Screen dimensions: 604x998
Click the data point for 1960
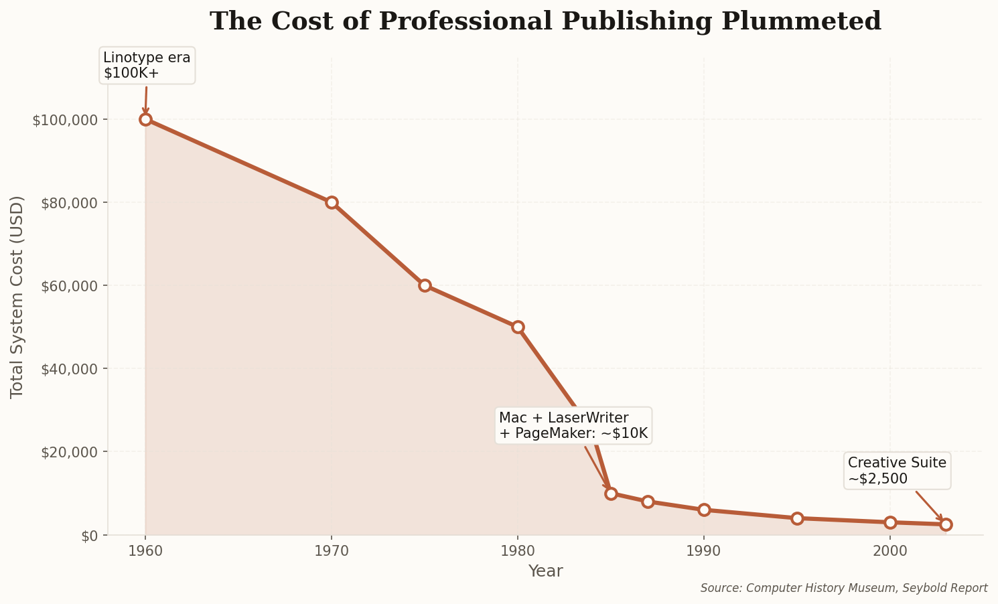point(145,120)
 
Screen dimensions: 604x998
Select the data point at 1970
point(332,202)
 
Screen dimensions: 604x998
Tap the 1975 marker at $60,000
point(425,285)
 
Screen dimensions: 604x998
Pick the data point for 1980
point(518,327)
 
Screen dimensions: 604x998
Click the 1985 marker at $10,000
point(611,494)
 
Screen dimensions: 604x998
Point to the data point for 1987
point(648,502)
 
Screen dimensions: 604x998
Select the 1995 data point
point(797,518)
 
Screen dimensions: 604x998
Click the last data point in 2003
point(946,524)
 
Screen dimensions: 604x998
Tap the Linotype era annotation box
point(147,65)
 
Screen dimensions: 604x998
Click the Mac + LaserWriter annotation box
point(573,425)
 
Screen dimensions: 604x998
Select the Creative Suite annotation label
point(897,470)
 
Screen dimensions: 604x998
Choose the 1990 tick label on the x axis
point(704,551)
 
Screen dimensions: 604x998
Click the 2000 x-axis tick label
point(890,551)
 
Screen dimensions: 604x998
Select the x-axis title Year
point(545,571)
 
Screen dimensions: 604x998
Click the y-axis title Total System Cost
point(17,297)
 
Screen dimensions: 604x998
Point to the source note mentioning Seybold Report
point(844,588)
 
